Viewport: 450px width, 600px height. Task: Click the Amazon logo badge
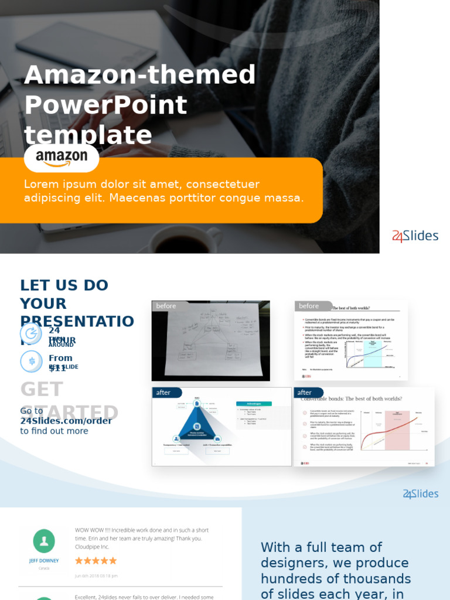62,157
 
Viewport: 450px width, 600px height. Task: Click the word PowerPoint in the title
105,105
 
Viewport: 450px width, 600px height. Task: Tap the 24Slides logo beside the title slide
415,236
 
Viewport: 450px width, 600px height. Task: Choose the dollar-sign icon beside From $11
31,361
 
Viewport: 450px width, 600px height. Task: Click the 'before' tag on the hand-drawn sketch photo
166,306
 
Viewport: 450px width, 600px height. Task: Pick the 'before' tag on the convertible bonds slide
309,306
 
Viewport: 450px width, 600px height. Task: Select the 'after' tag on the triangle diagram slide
163,393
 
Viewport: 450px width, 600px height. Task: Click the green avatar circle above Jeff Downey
44,541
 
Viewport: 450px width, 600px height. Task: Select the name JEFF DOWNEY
44,561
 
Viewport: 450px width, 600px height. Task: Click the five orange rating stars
96,561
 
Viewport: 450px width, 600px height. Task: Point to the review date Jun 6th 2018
96,576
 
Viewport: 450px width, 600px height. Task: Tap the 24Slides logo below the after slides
421,494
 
